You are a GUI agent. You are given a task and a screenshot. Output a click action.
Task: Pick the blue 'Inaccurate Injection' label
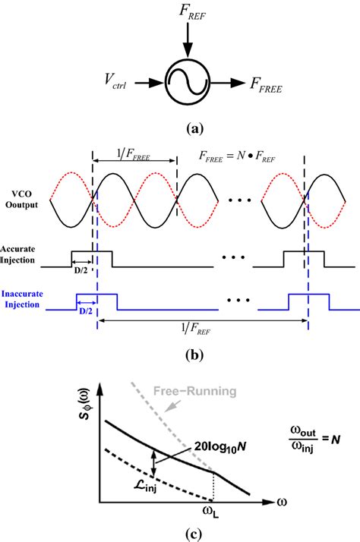[x=23, y=301]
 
